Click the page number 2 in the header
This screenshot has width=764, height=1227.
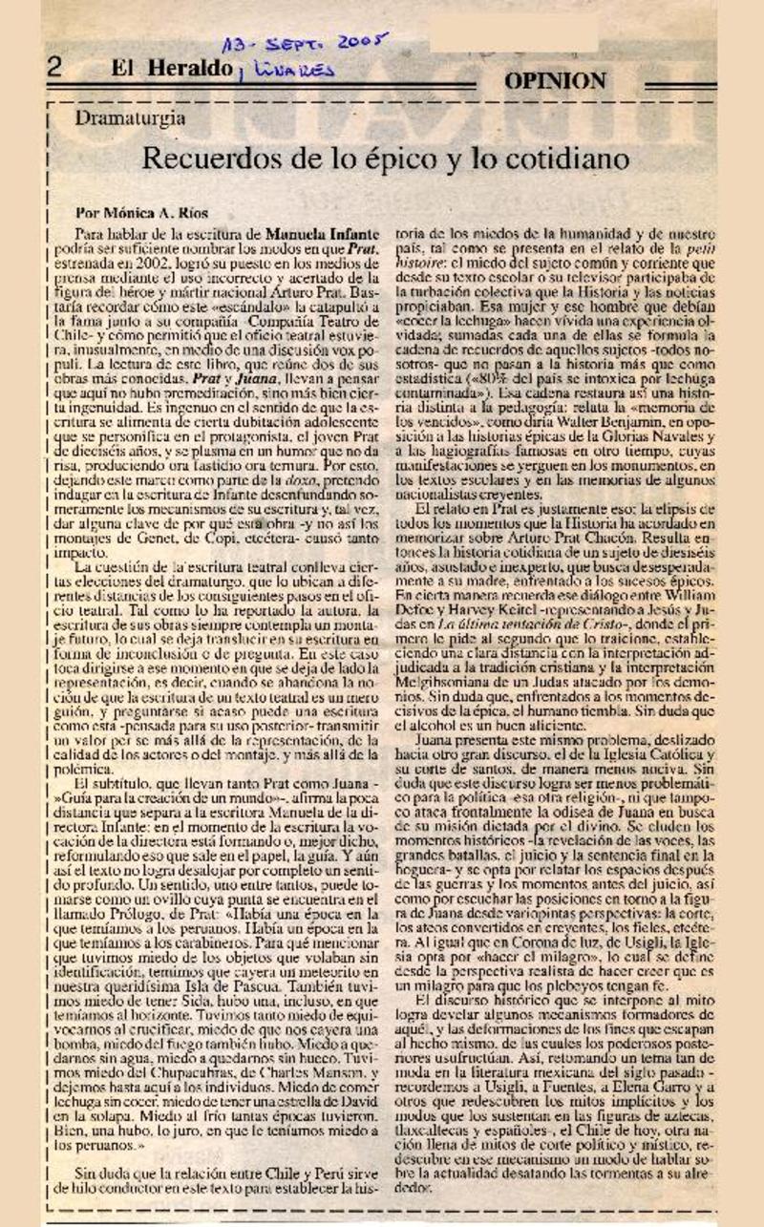(54, 68)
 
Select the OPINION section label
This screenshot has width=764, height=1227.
(555, 81)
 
